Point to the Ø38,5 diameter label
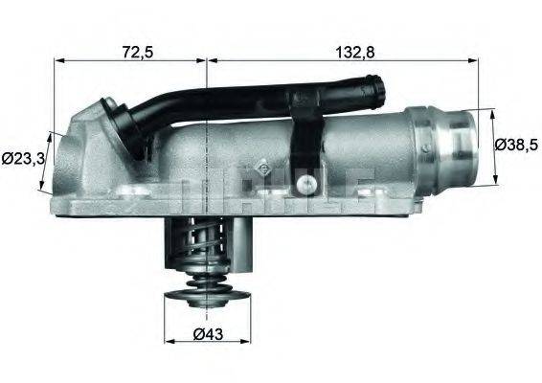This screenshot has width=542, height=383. tap(517, 146)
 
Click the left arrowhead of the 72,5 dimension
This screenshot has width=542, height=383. tap(56, 61)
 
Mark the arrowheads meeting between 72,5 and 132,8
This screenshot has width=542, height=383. tap(207, 61)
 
